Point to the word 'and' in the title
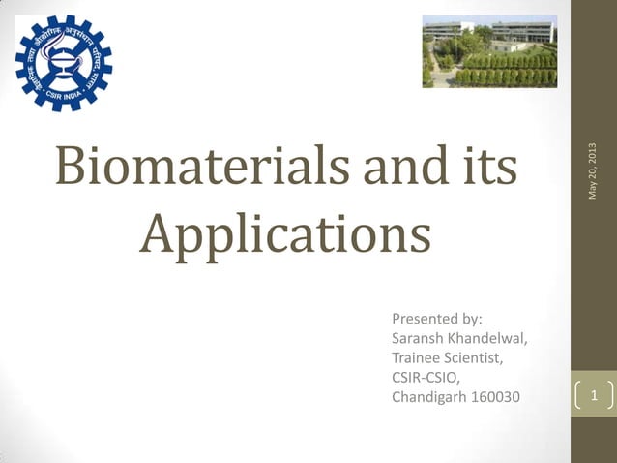(x=401, y=168)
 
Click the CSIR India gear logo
(x=64, y=62)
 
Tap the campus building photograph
(x=489, y=51)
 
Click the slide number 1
(x=594, y=396)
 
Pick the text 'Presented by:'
(x=436, y=319)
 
